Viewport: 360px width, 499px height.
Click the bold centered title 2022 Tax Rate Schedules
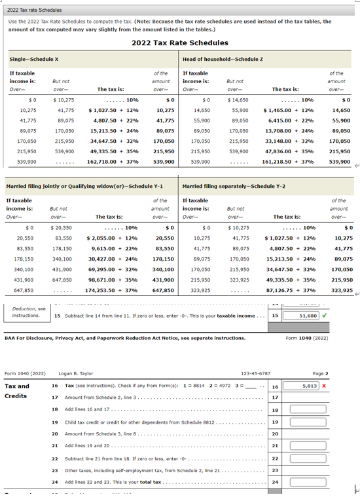[x=179, y=43]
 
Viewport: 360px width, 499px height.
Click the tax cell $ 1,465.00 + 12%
[x=289, y=111]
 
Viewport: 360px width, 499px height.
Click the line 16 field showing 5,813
[x=304, y=386]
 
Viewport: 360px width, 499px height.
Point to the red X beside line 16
[x=324, y=386]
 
